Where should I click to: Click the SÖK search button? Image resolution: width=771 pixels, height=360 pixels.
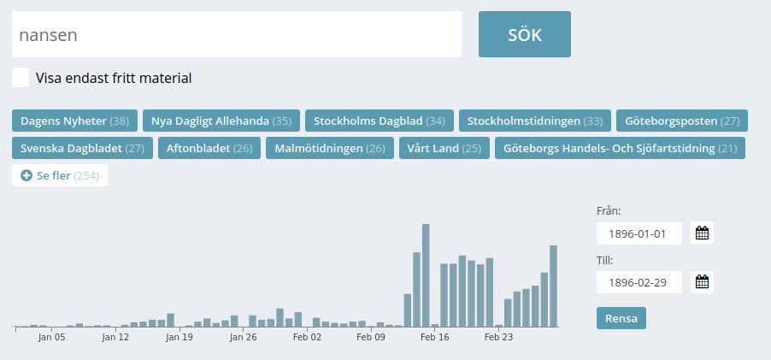click(524, 34)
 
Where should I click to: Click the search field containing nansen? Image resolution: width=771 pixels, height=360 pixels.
click(237, 35)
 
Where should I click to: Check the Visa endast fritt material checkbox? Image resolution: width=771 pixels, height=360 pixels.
click(21, 78)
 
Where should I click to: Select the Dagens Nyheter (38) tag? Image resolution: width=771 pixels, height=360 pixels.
click(74, 121)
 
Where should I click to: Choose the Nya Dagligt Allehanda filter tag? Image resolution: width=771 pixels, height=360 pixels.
click(221, 121)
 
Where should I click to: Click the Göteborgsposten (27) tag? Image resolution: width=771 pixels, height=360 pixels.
click(682, 121)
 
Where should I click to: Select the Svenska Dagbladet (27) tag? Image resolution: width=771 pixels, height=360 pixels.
click(82, 148)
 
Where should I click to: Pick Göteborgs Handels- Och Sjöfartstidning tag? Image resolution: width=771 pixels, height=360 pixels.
click(620, 148)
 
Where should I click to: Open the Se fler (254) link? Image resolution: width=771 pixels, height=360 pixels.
click(60, 175)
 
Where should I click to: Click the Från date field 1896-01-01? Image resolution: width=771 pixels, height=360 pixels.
click(639, 233)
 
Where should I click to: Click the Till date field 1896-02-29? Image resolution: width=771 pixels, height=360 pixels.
click(639, 282)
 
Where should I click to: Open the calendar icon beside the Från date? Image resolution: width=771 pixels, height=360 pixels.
click(702, 233)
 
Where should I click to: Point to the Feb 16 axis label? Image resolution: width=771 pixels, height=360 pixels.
click(434, 338)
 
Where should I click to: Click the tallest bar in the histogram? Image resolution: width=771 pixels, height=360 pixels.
click(426, 275)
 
